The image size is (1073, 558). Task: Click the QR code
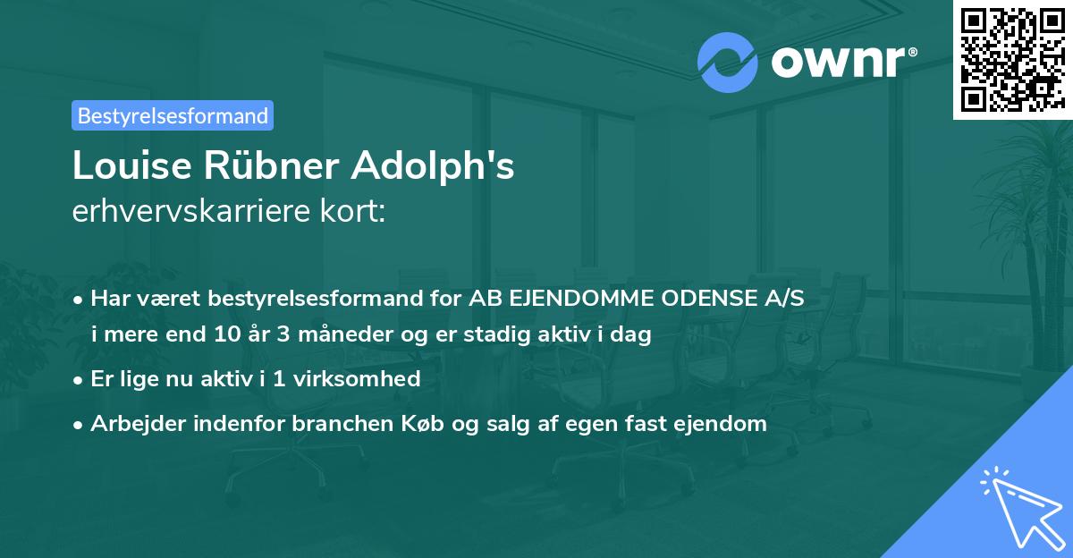(1013, 59)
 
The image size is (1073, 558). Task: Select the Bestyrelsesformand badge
(173, 115)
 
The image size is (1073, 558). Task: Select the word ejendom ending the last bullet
(725, 424)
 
